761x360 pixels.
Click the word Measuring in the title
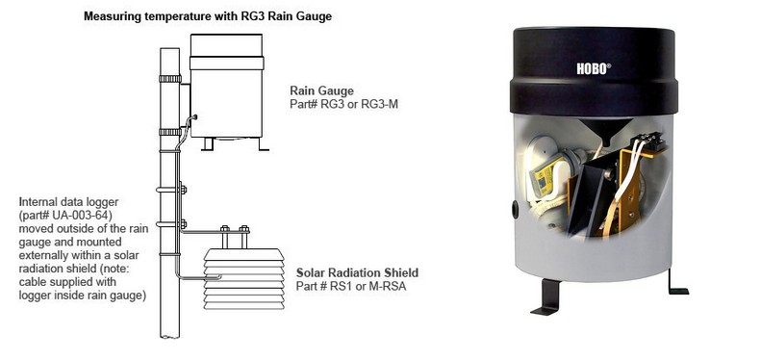coord(114,17)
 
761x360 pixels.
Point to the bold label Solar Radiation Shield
coord(357,272)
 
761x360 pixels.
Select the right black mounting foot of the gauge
coord(676,281)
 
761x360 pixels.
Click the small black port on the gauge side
coord(514,207)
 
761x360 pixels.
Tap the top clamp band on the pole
coord(169,79)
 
